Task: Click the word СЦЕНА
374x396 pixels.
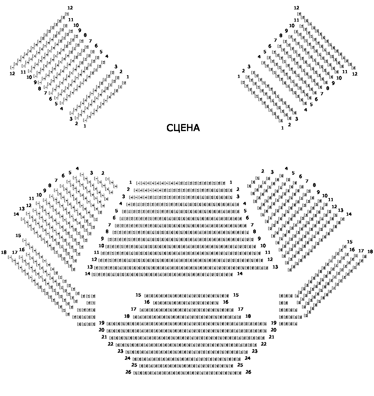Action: click(x=183, y=128)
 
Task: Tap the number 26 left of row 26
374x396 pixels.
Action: click(x=128, y=372)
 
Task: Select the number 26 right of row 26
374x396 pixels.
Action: click(x=248, y=372)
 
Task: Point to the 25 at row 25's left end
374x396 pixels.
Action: click(x=134, y=365)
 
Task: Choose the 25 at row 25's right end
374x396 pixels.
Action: click(x=240, y=365)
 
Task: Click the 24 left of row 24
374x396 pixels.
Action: click(x=128, y=358)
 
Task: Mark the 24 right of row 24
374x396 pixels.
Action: click(x=248, y=358)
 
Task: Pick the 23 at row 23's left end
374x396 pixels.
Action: click(x=120, y=351)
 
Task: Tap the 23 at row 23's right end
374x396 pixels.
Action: click(x=255, y=351)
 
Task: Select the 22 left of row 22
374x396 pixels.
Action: click(x=111, y=344)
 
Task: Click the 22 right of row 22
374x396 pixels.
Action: click(x=264, y=344)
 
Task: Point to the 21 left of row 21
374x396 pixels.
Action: click(x=104, y=337)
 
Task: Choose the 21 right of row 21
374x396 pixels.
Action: click(x=272, y=337)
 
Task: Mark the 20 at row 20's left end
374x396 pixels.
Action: click(x=102, y=330)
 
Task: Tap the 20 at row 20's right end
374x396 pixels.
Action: click(x=274, y=330)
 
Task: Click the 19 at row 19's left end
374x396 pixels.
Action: click(x=102, y=323)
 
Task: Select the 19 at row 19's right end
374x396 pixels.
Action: click(x=274, y=323)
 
